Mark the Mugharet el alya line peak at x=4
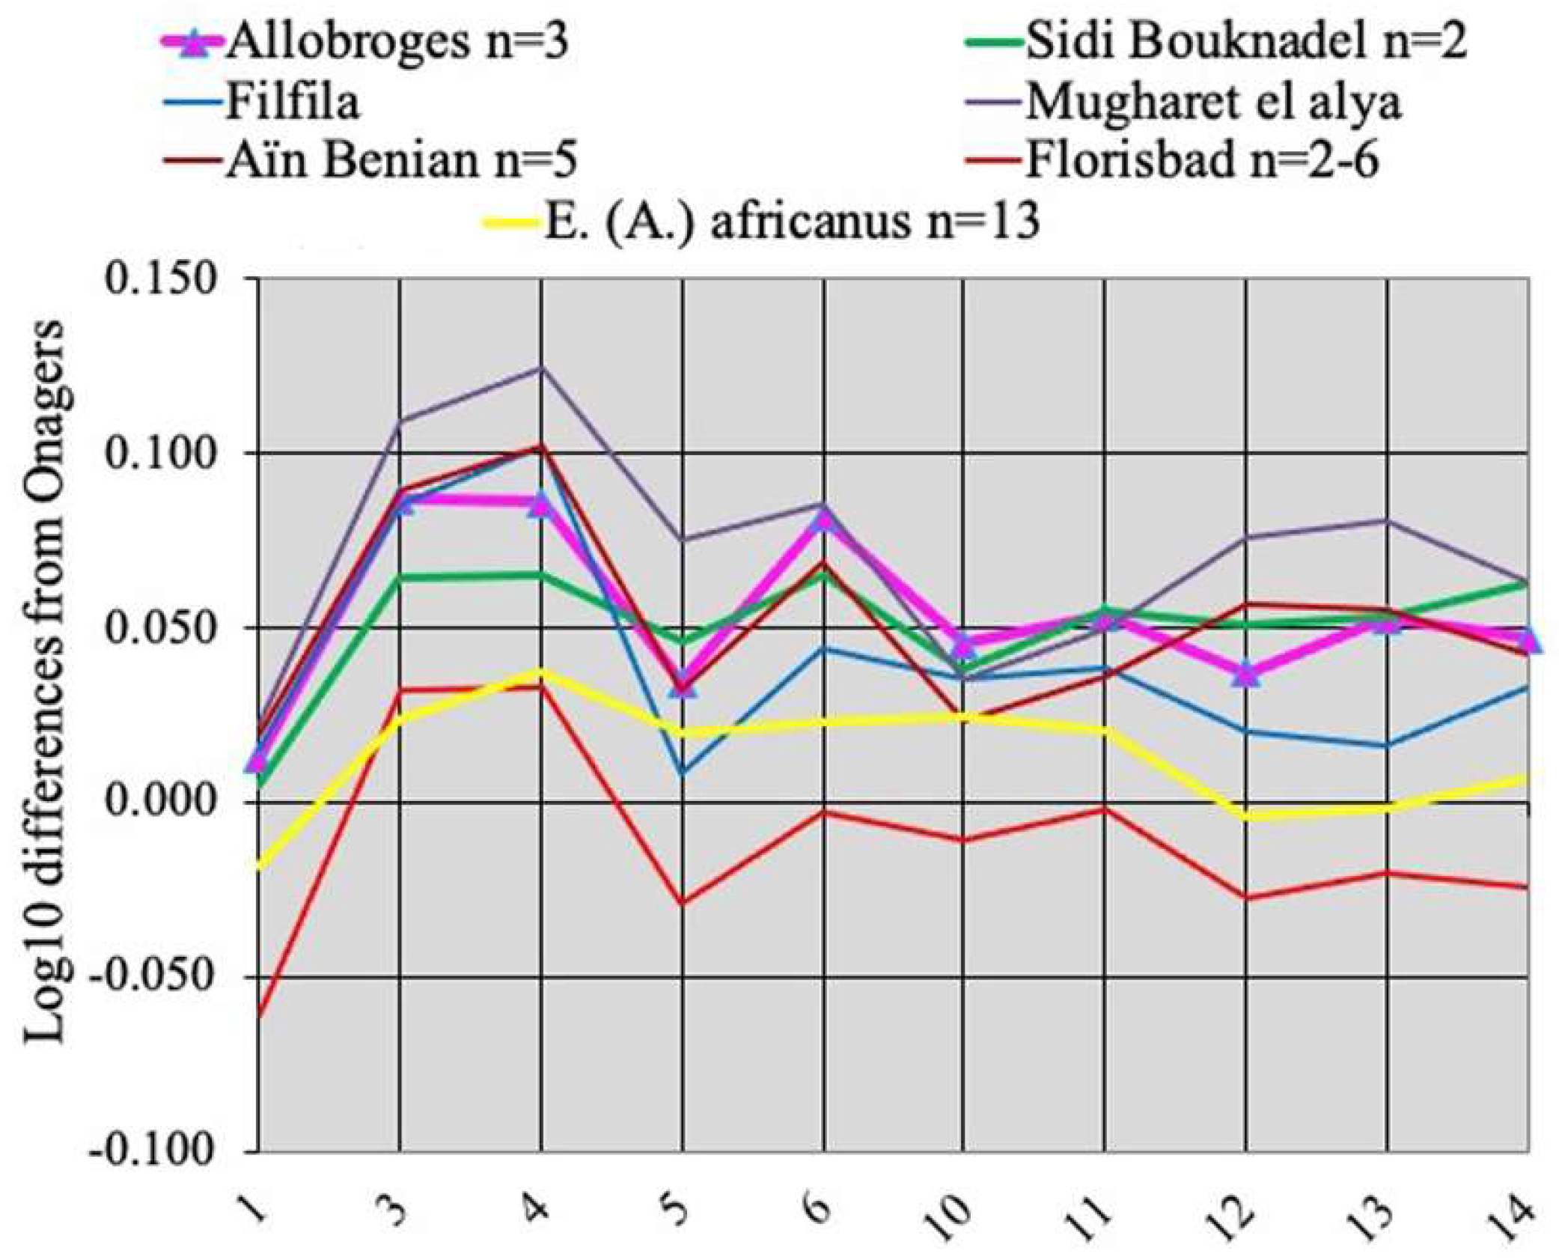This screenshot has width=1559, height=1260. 540,368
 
